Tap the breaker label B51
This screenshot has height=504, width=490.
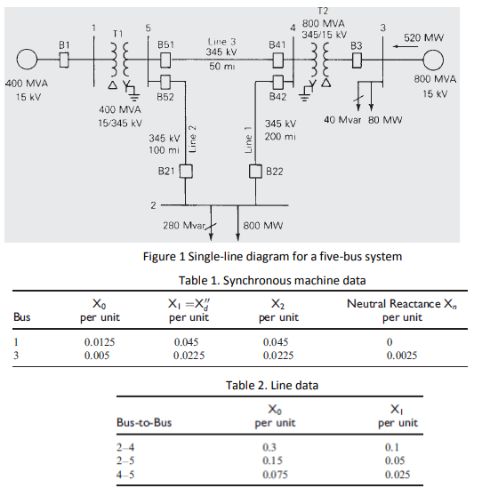pos(166,44)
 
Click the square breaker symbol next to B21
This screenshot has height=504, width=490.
pos(186,170)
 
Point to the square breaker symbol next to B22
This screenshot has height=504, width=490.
pos(254,170)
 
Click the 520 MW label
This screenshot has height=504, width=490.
pos(423,38)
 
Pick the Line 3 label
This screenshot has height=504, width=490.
pos(221,42)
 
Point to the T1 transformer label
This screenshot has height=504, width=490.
pos(116,33)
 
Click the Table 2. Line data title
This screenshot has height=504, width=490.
pos(272,385)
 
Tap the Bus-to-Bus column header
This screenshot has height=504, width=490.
pos(144,422)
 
